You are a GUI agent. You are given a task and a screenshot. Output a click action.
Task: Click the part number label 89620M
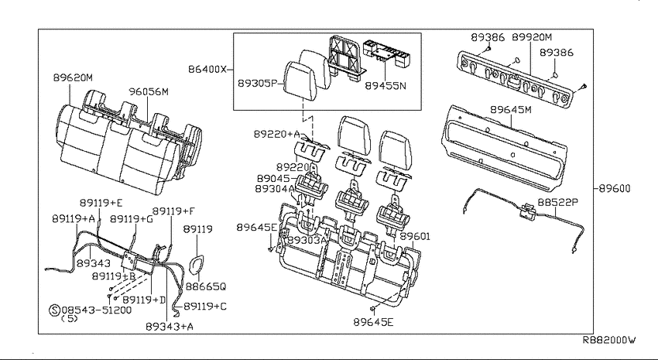pos(73,77)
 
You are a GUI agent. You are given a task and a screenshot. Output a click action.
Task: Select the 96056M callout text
pos(149,91)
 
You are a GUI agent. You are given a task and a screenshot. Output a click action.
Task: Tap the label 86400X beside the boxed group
pos(207,69)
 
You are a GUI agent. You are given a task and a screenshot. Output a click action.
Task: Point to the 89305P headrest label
pos(258,83)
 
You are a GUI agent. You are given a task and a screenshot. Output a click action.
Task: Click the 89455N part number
pos(386,86)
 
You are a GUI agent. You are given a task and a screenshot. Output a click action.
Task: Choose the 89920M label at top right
pos(532,37)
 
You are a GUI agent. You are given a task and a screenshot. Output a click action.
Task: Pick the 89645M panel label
pos(511,109)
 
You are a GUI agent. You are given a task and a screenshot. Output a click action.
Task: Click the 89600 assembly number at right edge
pos(615,188)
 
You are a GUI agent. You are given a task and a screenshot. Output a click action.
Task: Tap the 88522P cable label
pos(557,202)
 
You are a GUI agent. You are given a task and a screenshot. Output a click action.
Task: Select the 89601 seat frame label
pos(415,236)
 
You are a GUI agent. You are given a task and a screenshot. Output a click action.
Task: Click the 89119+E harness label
pos(101,203)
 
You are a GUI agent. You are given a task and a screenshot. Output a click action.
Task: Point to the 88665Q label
pos(206,286)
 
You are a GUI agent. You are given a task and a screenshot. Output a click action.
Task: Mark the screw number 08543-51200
pos(97,310)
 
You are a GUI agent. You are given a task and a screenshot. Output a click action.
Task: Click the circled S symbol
pos(54,310)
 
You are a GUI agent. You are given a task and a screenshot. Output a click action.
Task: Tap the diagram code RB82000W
pos(609,340)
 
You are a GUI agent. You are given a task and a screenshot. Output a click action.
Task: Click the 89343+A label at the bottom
pos(170,327)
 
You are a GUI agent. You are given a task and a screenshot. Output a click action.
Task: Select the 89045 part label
pos(273,178)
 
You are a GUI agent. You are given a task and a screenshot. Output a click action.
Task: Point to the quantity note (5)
pos(70,318)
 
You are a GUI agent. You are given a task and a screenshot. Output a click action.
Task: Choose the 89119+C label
pos(205,307)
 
